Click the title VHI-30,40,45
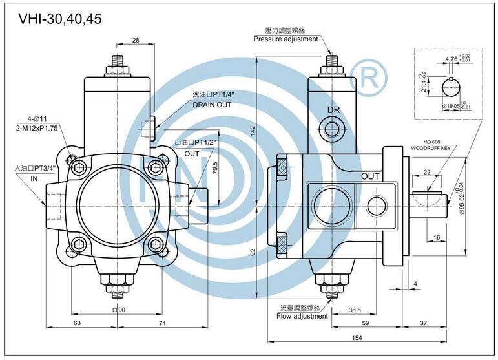tap(60, 19)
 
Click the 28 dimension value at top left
tap(136, 40)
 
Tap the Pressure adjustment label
tap(285, 39)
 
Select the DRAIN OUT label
tap(212, 105)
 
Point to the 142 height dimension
tap(253, 131)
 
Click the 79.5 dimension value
tap(215, 167)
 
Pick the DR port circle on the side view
tap(332, 129)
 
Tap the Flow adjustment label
tap(302, 316)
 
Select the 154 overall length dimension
tap(357, 338)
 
